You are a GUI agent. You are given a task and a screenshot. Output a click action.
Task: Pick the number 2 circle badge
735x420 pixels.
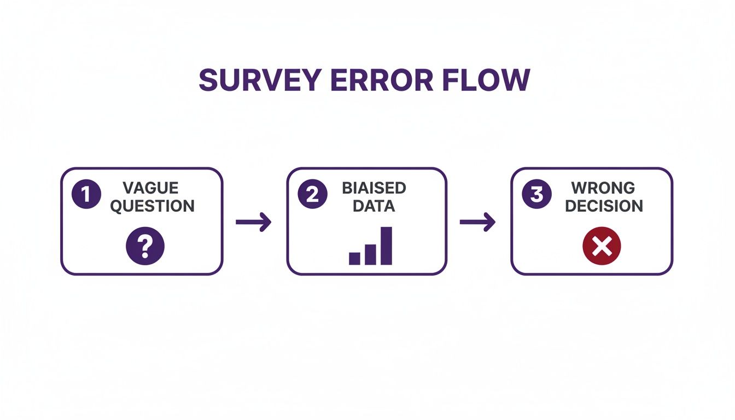click(312, 195)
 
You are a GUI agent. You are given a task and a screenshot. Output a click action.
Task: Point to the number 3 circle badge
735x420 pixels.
click(536, 195)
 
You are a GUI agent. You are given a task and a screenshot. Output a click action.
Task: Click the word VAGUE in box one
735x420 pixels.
click(150, 188)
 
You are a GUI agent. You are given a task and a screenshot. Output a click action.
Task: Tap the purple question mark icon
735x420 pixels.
click(145, 247)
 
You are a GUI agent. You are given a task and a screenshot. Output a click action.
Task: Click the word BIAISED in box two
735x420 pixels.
click(374, 188)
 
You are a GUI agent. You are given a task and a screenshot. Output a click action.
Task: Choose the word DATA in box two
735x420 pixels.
click(374, 206)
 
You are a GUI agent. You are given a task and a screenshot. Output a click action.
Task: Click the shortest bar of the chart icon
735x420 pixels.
click(354, 259)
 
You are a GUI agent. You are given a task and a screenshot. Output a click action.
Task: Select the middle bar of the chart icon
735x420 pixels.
click(370, 254)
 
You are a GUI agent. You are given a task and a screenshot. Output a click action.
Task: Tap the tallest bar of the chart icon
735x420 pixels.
click(386, 246)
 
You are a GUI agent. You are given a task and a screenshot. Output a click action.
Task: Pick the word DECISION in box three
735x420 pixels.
click(604, 206)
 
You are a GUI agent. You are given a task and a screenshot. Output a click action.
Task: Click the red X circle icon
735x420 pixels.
click(602, 247)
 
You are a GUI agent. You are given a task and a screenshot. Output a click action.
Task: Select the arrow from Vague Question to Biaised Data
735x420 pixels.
click(253, 222)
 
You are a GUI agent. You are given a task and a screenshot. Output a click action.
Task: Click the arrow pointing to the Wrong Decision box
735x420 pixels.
click(477, 222)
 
